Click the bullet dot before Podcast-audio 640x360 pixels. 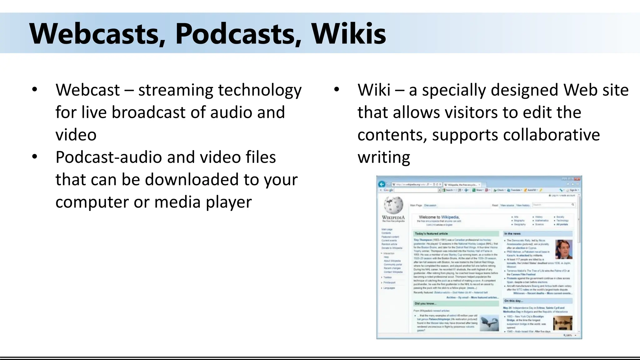pos(35,156)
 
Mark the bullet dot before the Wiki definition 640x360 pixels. pos(337,89)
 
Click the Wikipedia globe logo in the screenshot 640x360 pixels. pos(393,205)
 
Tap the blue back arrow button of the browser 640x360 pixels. pos(382,184)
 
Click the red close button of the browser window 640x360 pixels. pos(577,179)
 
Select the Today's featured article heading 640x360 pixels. pos(431,233)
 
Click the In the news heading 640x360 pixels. pos(512,233)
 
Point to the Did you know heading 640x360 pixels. pos(425,303)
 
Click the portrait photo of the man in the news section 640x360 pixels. pos(564,249)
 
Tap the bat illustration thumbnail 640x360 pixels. pos(489,323)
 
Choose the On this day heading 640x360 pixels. pos(513,301)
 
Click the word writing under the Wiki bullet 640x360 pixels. pos(384,157)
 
